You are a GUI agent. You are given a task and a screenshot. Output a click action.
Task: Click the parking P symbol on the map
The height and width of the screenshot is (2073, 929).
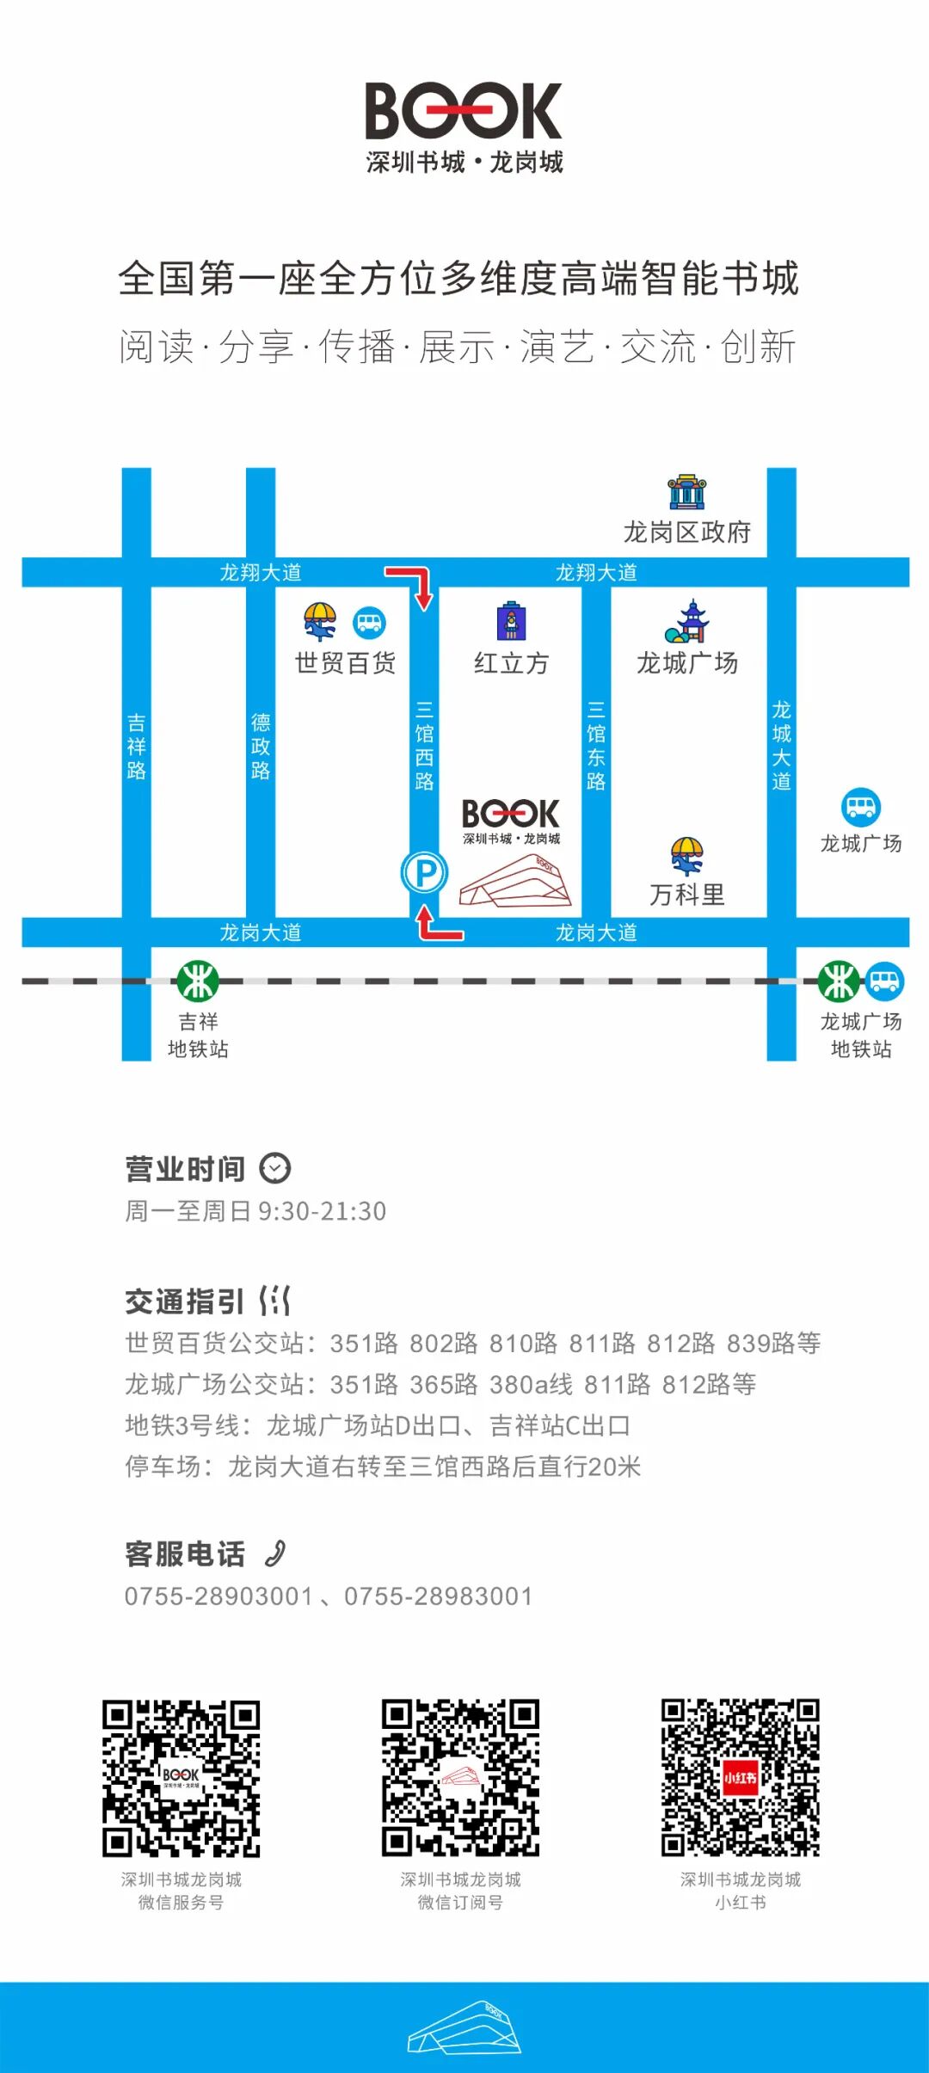click(424, 872)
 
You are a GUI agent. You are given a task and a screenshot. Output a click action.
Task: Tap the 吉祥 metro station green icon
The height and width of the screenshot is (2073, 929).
click(198, 981)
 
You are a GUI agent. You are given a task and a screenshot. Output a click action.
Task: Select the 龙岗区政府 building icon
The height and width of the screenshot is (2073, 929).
click(686, 492)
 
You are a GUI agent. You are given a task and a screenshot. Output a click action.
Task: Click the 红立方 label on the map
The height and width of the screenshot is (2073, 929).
click(511, 663)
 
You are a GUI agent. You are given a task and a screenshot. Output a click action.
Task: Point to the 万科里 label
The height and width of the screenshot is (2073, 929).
click(686, 895)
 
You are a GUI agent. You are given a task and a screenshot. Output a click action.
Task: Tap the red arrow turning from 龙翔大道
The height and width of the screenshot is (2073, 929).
click(411, 585)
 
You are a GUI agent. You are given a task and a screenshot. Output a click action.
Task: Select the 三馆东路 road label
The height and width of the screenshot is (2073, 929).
click(596, 745)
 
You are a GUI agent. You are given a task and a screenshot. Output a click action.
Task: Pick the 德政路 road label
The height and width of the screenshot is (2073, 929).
click(261, 746)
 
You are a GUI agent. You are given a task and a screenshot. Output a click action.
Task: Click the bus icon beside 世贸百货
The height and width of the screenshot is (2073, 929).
click(370, 622)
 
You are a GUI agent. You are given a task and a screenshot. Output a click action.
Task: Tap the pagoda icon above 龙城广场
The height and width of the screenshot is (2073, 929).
click(687, 622)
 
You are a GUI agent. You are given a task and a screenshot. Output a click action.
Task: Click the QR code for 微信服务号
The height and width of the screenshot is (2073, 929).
click(181, 1778)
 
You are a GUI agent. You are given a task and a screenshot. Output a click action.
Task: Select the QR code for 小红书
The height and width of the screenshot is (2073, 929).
click(740, 1777)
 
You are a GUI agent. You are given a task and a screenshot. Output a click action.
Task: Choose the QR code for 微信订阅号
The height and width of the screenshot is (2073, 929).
click(460, 1777)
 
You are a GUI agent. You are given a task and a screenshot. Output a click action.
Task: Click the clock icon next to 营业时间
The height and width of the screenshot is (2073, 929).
click(275, 1168)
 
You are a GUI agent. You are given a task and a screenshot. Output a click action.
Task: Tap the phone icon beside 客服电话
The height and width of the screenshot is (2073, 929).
click(275, 1553)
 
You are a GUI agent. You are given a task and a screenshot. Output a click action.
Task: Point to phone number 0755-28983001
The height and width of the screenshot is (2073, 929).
click(439, 1596)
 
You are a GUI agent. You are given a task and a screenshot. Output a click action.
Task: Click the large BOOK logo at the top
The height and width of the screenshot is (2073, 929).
click(464, 111)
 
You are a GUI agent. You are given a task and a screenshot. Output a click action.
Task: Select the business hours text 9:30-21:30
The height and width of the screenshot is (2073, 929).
click(322, 1211)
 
